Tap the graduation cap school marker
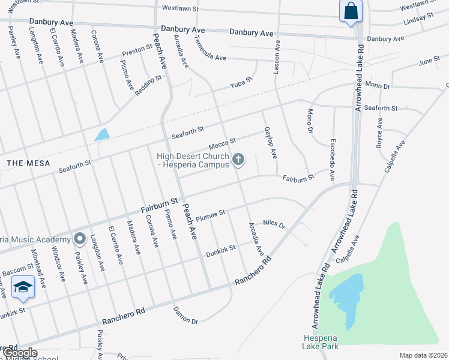[x=23, y=287]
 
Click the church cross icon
[x=238, y=159]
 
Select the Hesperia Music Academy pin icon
[x=79, y=239]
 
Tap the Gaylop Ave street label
[x=270, y=143]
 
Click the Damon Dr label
[x=185, y=316]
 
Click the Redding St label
[x=149, y=86]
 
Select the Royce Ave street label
[x=379, y=132]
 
